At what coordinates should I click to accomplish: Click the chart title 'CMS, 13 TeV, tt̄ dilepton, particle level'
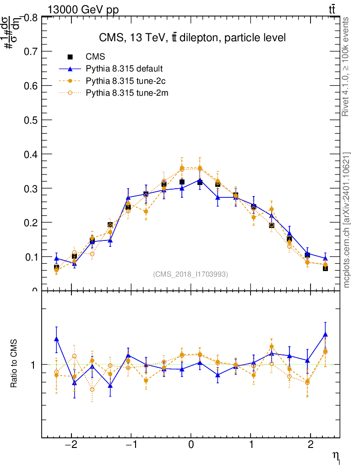click(x=192, y=38)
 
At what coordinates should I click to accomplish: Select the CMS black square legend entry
click(x=95, y=57)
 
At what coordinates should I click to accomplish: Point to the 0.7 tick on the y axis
click(x=30, y=51)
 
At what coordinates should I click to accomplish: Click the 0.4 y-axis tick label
click(x=30, y=154)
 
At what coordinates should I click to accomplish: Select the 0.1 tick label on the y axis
click(x=30, y=256)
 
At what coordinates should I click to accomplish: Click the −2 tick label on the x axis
click(x=71, y=445)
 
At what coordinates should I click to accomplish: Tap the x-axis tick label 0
click(x=191, y=445)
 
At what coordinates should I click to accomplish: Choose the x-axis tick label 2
click(x=311, y=445)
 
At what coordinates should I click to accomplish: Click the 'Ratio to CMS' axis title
click(x=14, y=364)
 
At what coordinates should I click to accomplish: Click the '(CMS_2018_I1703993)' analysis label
click(x=191, y=274)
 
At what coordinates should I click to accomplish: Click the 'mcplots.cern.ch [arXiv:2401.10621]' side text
click(x=347, y=220)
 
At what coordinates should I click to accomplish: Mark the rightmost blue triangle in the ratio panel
click(x=325, y=335)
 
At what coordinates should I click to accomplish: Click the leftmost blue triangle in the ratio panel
click(x=56, y=339)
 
